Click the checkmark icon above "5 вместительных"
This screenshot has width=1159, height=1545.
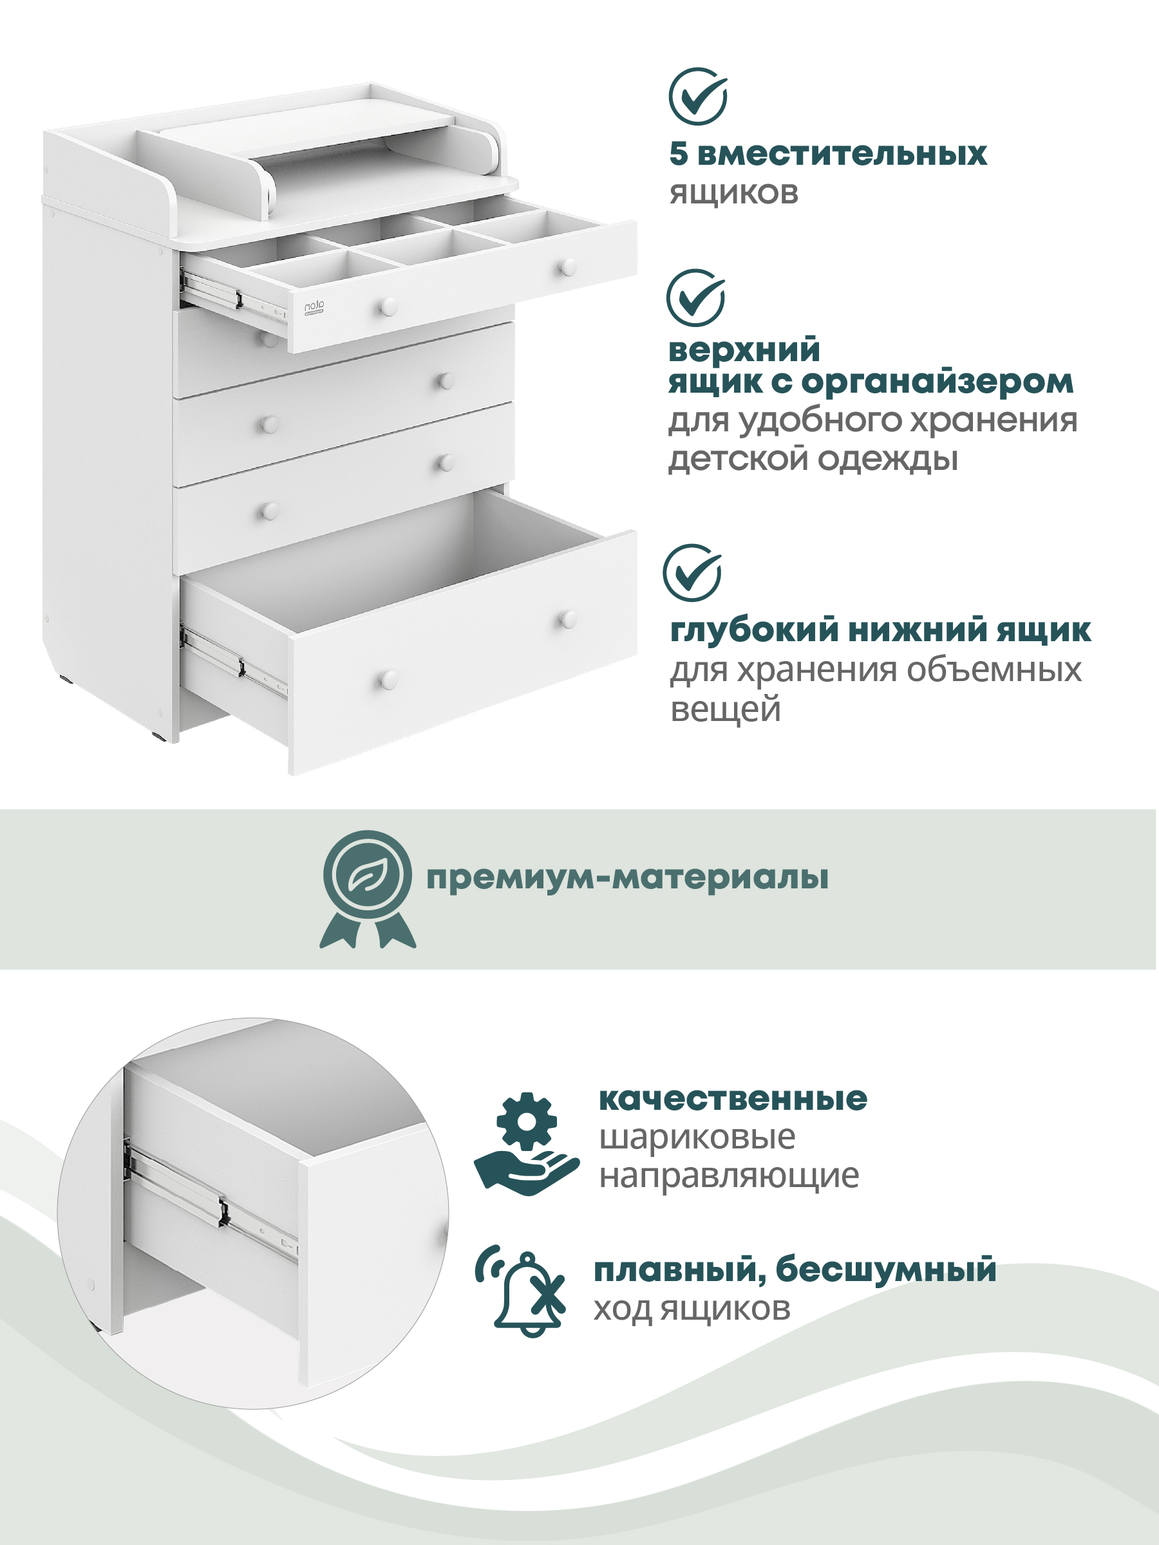coord(698,97)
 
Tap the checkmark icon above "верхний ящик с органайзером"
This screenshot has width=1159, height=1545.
coord(696,297)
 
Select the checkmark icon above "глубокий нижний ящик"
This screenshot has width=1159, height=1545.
coord(692,573)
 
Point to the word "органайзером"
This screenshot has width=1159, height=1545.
coord(937,382)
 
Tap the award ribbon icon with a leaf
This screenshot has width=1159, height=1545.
coord(368,888)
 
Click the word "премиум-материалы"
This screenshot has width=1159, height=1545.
coord(627,878)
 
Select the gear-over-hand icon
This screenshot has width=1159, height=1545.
coord(527,1144)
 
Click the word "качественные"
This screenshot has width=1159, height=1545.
coord(733,1099)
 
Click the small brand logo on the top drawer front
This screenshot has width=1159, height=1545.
coord(314,307)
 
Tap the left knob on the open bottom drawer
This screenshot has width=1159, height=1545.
coord(388,679)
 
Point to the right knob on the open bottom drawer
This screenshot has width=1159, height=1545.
coord(568,619)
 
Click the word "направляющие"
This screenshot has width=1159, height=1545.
coord(730,1176)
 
